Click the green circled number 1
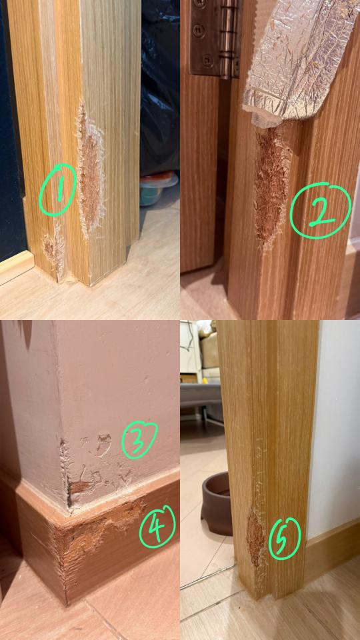[x=58, y=189]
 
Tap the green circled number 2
[x=321, y=210]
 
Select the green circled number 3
[x=139, y=440]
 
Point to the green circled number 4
[x=157, y=527]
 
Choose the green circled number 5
[x=285, y=539]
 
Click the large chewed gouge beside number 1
[x=91, y=171]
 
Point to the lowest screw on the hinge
[x=208, y=59]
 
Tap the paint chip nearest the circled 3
[x=104, y=444]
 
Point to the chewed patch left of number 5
[x=255, y=538]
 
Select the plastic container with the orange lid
[x=159, y=188]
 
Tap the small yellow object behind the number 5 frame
[x=203, y=381]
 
